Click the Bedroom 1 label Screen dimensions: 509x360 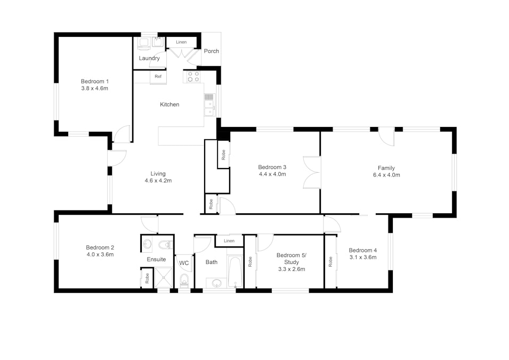[x=95, y=81]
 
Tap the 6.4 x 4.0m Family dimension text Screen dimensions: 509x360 [x=386, y=175]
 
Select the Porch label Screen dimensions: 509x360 [x=211, y=51]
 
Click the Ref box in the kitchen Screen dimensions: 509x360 [x=158, y=77]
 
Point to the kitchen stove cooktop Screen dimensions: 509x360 [x=193, y=77]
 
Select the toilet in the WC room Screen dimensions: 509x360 [x=184, y=280]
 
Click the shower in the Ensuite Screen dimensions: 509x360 [x=164, y=277]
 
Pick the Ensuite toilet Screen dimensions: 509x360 [x=166, y=244]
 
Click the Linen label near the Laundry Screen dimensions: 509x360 [x=181, y=42]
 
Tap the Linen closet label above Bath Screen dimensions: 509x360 [x=229, y=241]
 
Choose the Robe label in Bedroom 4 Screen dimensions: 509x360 [x=330, y=262]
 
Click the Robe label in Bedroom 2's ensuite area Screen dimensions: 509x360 [x=147, y=278]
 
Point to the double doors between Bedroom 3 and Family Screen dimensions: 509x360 [x=312, y=172]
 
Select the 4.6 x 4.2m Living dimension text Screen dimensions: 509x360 [x=158, y=181]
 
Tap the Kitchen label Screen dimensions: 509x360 [x=169, y=105]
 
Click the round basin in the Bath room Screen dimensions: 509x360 [x=216, y=283]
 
